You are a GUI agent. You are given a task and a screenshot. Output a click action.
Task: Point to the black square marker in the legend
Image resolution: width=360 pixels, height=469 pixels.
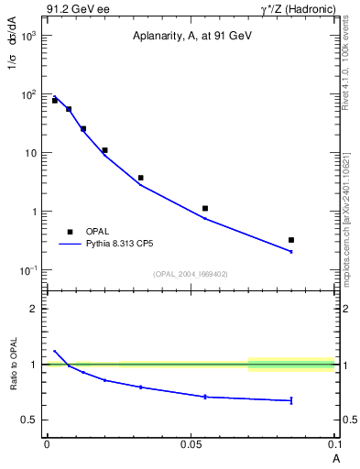pyautogui.click(x=70, y=231)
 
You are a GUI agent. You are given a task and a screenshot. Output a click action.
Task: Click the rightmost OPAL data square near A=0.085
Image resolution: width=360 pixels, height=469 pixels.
pyautogui.click(x=291, y=240)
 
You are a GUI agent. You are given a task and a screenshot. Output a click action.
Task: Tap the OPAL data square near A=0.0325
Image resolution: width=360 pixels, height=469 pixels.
pyautogui.click(x=140, y=178)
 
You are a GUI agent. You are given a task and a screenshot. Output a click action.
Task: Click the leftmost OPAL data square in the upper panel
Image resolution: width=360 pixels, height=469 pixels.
pyautogui.click(x=54, y=100)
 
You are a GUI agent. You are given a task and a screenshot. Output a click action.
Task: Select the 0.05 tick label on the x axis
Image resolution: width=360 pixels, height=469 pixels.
pyautogui.click(x=191, y=443)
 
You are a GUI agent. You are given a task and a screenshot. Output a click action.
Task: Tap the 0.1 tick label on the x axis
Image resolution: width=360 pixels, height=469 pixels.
pyautogui.click(x=333, y=443)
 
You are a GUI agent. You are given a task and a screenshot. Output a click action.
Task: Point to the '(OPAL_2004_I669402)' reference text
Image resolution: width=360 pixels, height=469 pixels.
pyautogui.click(x=191, y=274)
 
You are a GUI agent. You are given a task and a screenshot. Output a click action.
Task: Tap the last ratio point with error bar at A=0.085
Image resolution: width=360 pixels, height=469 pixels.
pyautogui.click(x=291, y=400)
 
